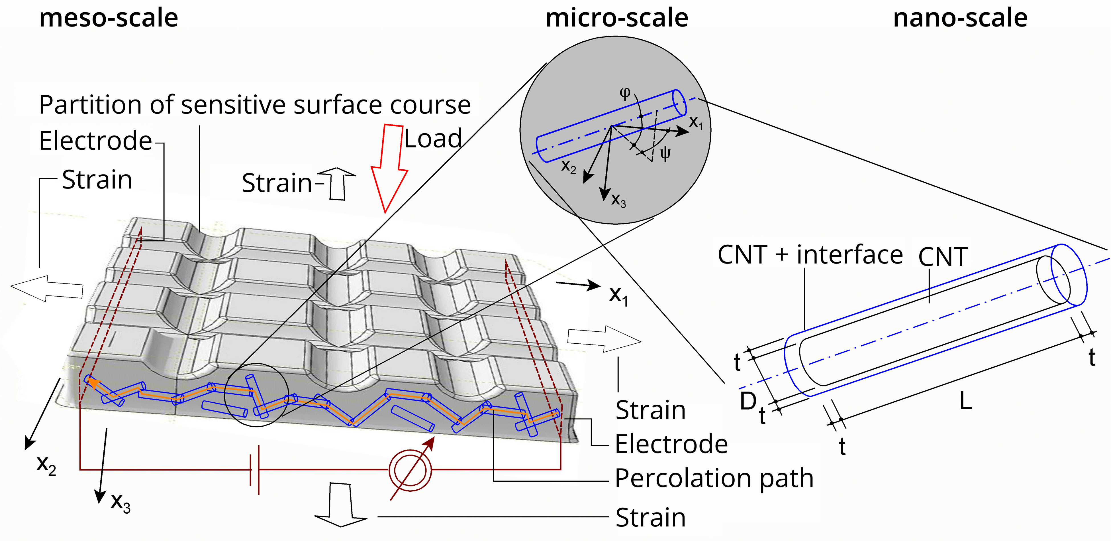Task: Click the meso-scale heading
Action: tap(109, 18)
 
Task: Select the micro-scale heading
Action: tap(617, 18)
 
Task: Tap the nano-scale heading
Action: tap(960, 18)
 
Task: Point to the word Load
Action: tap(433, 139)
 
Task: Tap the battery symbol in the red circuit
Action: tap(254, 470)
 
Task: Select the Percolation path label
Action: tap(714, 478)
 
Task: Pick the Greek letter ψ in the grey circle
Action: tap(665, 153)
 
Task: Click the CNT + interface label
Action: tap(810, 255)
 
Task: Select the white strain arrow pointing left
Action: tap(47, 289)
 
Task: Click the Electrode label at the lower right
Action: tap(671, 444)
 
